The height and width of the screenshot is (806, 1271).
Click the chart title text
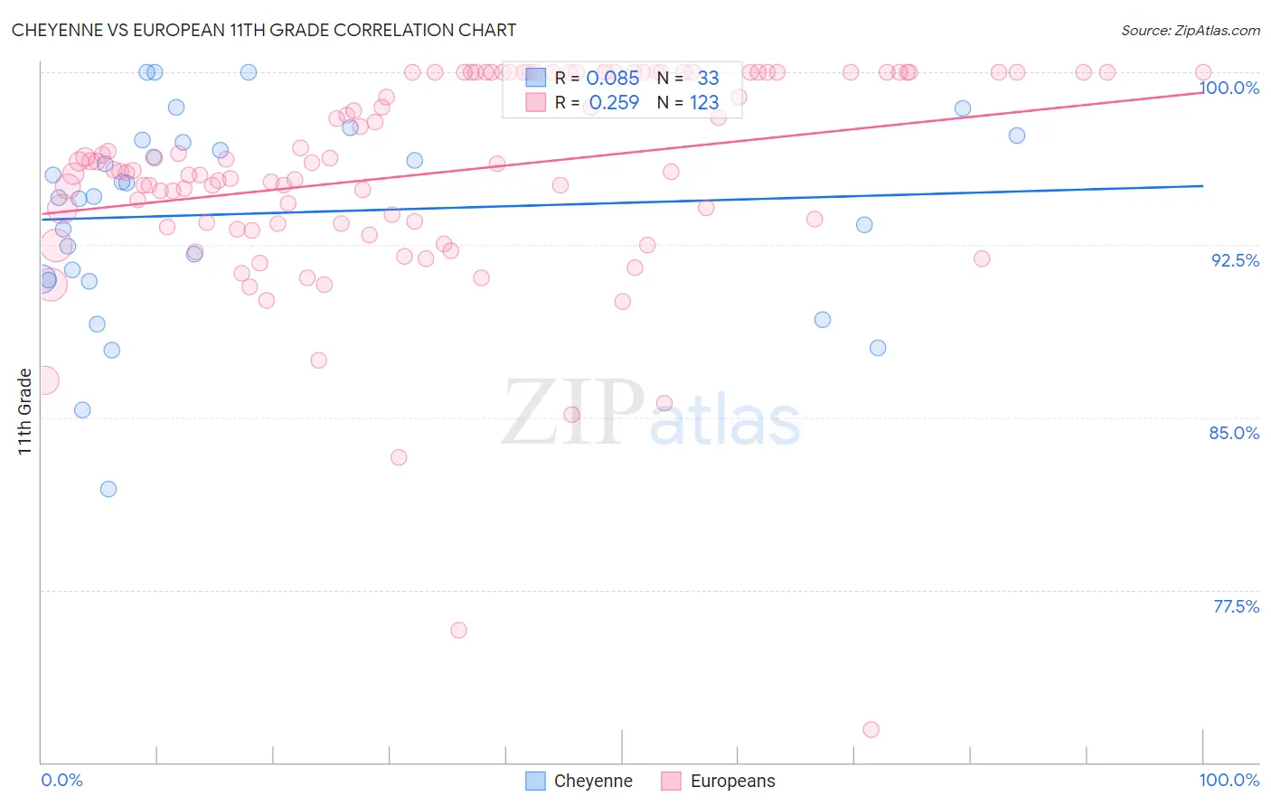coord(264,30)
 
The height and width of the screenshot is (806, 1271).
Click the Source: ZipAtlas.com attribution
coord(1190,30)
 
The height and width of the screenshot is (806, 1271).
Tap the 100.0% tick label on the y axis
coord(1229,88)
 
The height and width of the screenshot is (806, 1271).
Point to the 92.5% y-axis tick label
coord(1235,260)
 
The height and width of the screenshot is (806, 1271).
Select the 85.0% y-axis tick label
coord(1234,433)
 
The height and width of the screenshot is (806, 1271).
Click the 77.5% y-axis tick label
coord(1236,606)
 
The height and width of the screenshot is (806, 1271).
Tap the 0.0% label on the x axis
coord(61,780)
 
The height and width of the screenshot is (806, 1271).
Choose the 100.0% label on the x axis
coord(1229,780)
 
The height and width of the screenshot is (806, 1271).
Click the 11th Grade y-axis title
coord(24,411)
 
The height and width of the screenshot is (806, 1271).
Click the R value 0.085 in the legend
coord(612,79)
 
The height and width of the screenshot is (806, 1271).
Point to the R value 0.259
coord(614,103)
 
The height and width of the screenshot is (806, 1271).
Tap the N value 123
coord(704,103)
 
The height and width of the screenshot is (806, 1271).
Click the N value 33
coord(708,79)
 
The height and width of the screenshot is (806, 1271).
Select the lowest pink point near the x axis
coord(871,729)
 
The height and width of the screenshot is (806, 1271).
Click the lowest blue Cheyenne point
coord(108,489)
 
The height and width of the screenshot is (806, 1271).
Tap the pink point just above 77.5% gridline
coord(458,630)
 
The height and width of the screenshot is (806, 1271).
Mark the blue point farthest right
coord(1017,136)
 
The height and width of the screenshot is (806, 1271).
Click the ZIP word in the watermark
coord(573,413)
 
